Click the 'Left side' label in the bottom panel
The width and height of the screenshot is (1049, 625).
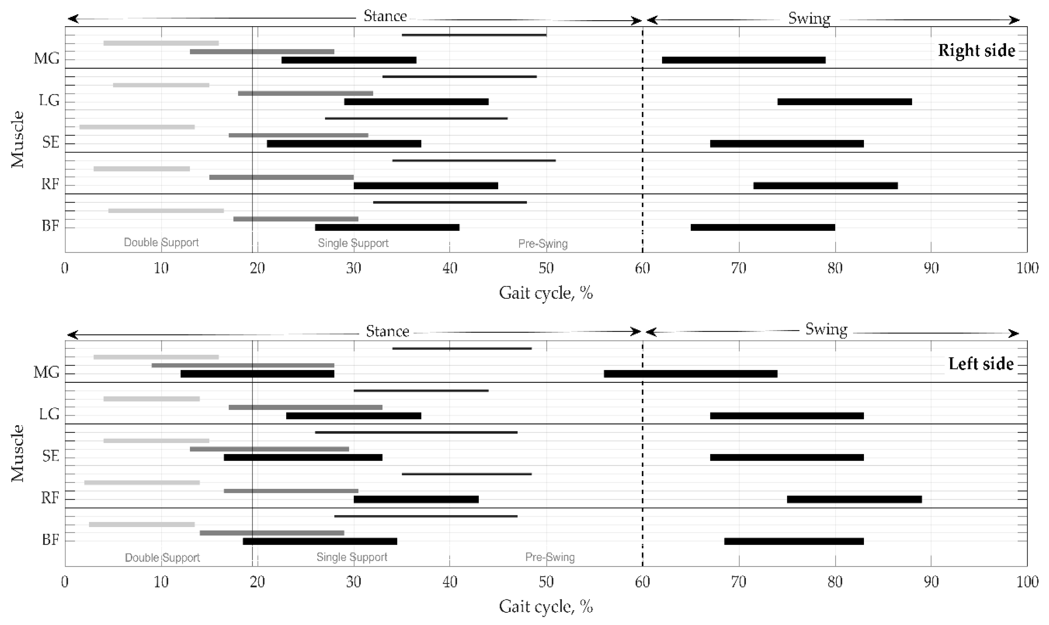coord(981,364)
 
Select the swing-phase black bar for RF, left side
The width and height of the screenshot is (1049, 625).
coord(854,499)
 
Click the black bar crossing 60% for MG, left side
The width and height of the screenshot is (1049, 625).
coord(690,374)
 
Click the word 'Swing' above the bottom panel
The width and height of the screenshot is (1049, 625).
coord(826,329)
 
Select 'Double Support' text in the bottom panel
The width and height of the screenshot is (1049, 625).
coord(162,558)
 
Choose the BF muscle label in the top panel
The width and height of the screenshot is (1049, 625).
coord(50,226)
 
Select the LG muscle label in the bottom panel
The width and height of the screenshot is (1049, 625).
coord(49,414)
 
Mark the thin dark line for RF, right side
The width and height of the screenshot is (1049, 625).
coord(474,161)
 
